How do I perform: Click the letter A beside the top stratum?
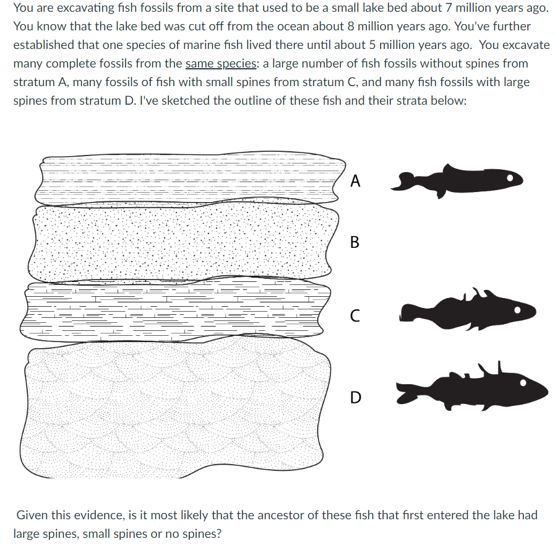pos(355,181)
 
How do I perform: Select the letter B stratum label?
pos(355,242)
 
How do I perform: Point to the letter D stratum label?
pos(355,397)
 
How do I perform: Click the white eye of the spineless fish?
pos(510,178)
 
